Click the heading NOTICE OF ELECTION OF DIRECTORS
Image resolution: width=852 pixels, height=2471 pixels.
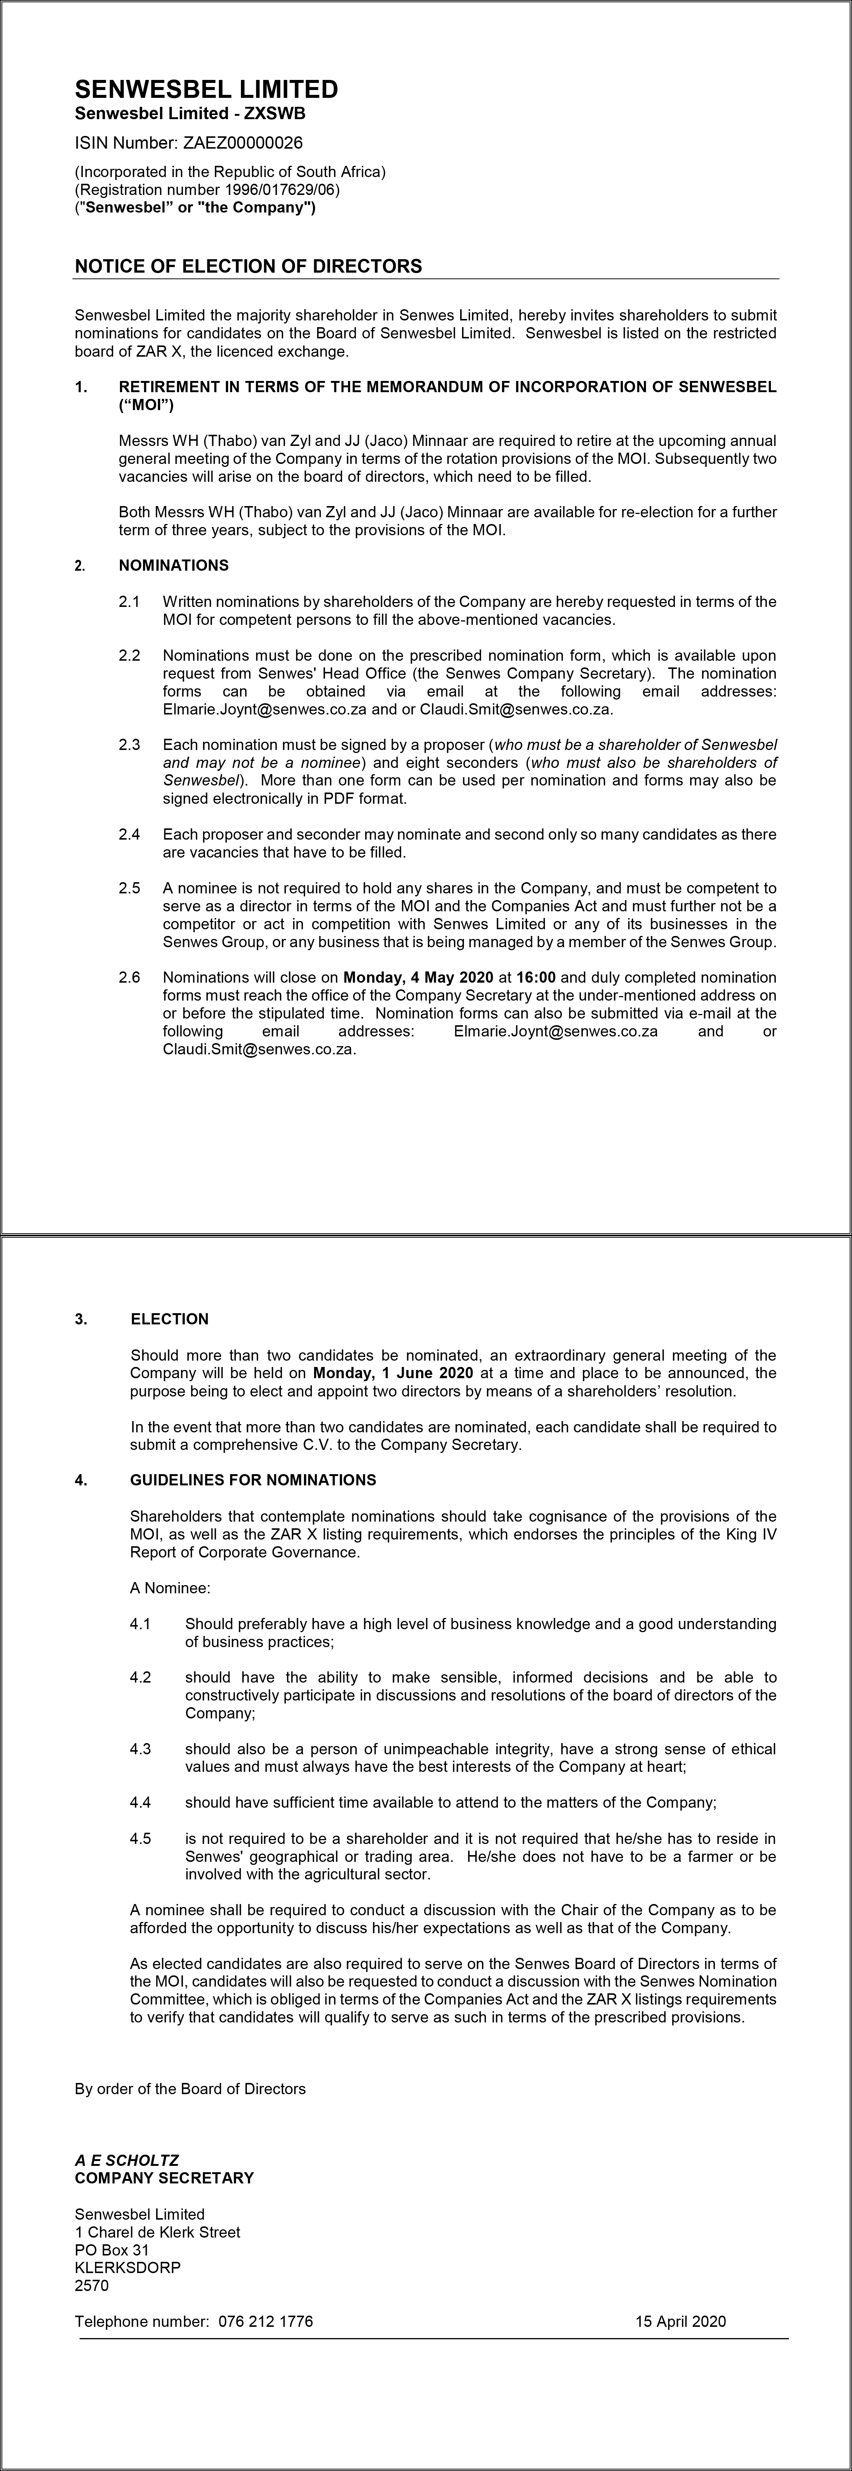248,266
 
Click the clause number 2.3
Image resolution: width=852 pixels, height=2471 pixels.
130,744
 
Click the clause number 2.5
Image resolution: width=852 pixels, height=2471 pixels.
130,888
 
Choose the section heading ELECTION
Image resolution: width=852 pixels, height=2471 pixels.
170,1319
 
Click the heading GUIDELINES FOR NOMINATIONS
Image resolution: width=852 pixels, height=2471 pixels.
253,1480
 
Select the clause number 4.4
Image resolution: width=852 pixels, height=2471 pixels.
141,1802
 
